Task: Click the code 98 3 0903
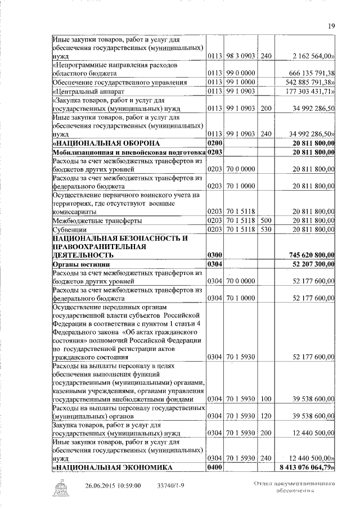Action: point(241,56)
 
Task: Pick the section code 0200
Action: point(214,144)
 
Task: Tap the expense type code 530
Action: point(267,229)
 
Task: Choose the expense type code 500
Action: point(267,220)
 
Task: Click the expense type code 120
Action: point(267,416)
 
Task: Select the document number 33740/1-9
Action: point(169,485)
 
